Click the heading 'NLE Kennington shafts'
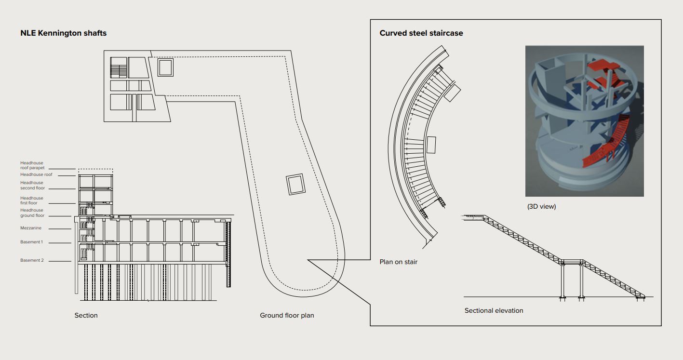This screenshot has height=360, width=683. [63, 33]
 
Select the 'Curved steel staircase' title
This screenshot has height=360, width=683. [421, 33]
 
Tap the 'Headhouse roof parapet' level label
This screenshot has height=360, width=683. [32, 165]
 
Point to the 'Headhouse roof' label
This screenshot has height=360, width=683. [36, 174]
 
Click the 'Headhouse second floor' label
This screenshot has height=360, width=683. [32, 186]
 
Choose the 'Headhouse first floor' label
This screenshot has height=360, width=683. [32, 200]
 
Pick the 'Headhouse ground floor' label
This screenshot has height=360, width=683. [32, 213]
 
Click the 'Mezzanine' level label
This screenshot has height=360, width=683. [31, 228]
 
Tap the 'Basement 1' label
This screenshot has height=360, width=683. [31, 242]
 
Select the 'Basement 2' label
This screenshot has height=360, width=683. [32, 260]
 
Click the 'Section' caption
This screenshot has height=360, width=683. [86, 315]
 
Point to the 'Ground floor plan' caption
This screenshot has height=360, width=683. [287, 315]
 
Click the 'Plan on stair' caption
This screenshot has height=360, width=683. [398, 262]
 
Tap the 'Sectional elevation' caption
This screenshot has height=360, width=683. [494, 310]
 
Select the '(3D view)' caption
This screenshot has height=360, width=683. [541, 206]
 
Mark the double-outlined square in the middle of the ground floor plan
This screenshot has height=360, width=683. [295, 185]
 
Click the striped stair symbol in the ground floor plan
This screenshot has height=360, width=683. [118, 67]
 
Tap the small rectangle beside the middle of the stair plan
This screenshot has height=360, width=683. [431, 145]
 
